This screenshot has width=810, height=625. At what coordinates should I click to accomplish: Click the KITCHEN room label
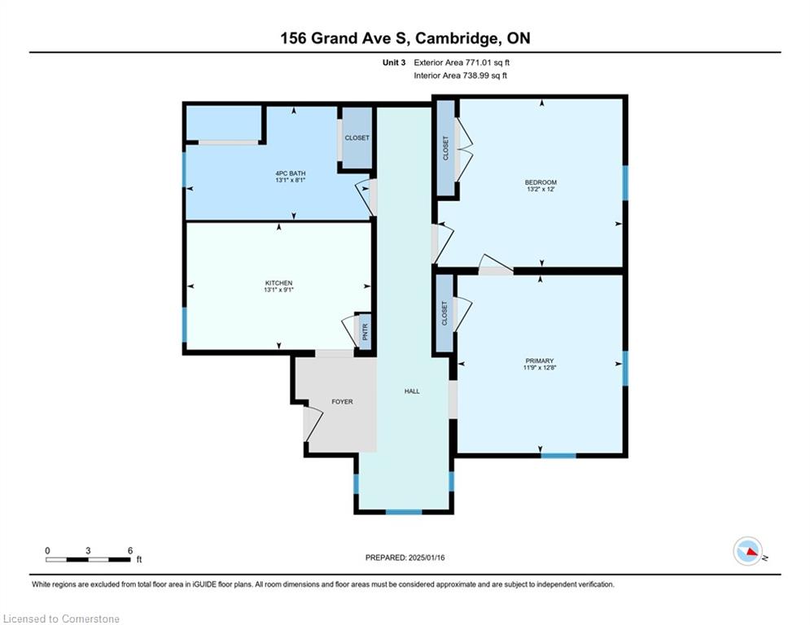279,283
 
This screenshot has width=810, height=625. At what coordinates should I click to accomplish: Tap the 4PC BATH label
291,173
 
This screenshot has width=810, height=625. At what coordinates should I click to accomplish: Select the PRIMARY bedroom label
540,361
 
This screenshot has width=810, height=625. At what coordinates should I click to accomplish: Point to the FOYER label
343,402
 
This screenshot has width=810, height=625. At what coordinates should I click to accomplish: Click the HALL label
412,391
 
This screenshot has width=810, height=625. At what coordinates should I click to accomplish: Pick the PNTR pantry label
366,331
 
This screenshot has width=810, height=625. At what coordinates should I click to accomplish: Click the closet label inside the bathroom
357,138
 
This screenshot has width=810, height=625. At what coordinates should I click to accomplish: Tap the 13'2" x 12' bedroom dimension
541,190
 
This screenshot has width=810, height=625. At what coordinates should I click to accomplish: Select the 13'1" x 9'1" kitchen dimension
279,290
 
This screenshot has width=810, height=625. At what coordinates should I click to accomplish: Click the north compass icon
748,551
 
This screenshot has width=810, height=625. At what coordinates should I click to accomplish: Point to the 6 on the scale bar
130,551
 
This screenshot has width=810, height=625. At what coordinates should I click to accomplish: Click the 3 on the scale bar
89,551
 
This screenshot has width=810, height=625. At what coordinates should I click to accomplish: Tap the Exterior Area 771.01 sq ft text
462,63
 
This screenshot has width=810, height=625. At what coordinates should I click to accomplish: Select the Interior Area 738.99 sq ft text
460,76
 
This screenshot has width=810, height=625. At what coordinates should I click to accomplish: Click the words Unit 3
394,63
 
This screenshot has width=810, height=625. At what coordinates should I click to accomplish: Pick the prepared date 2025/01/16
427,557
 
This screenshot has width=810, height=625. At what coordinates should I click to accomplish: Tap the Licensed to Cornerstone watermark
61,618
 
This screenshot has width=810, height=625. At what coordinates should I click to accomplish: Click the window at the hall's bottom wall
404,513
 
